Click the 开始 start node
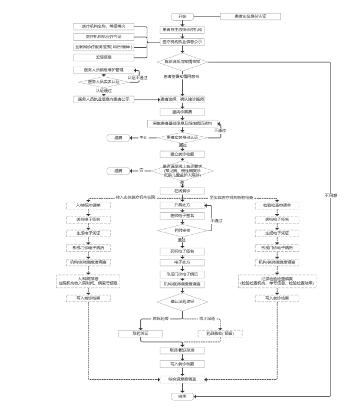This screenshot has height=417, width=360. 181,15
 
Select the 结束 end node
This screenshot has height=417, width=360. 182,396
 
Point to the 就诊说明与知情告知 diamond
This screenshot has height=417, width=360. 182,60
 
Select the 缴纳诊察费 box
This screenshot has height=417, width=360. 182,111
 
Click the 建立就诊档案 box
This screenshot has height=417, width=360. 182,154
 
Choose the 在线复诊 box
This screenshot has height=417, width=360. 182,191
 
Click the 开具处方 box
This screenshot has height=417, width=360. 182,205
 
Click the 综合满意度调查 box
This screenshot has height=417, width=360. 182,377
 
